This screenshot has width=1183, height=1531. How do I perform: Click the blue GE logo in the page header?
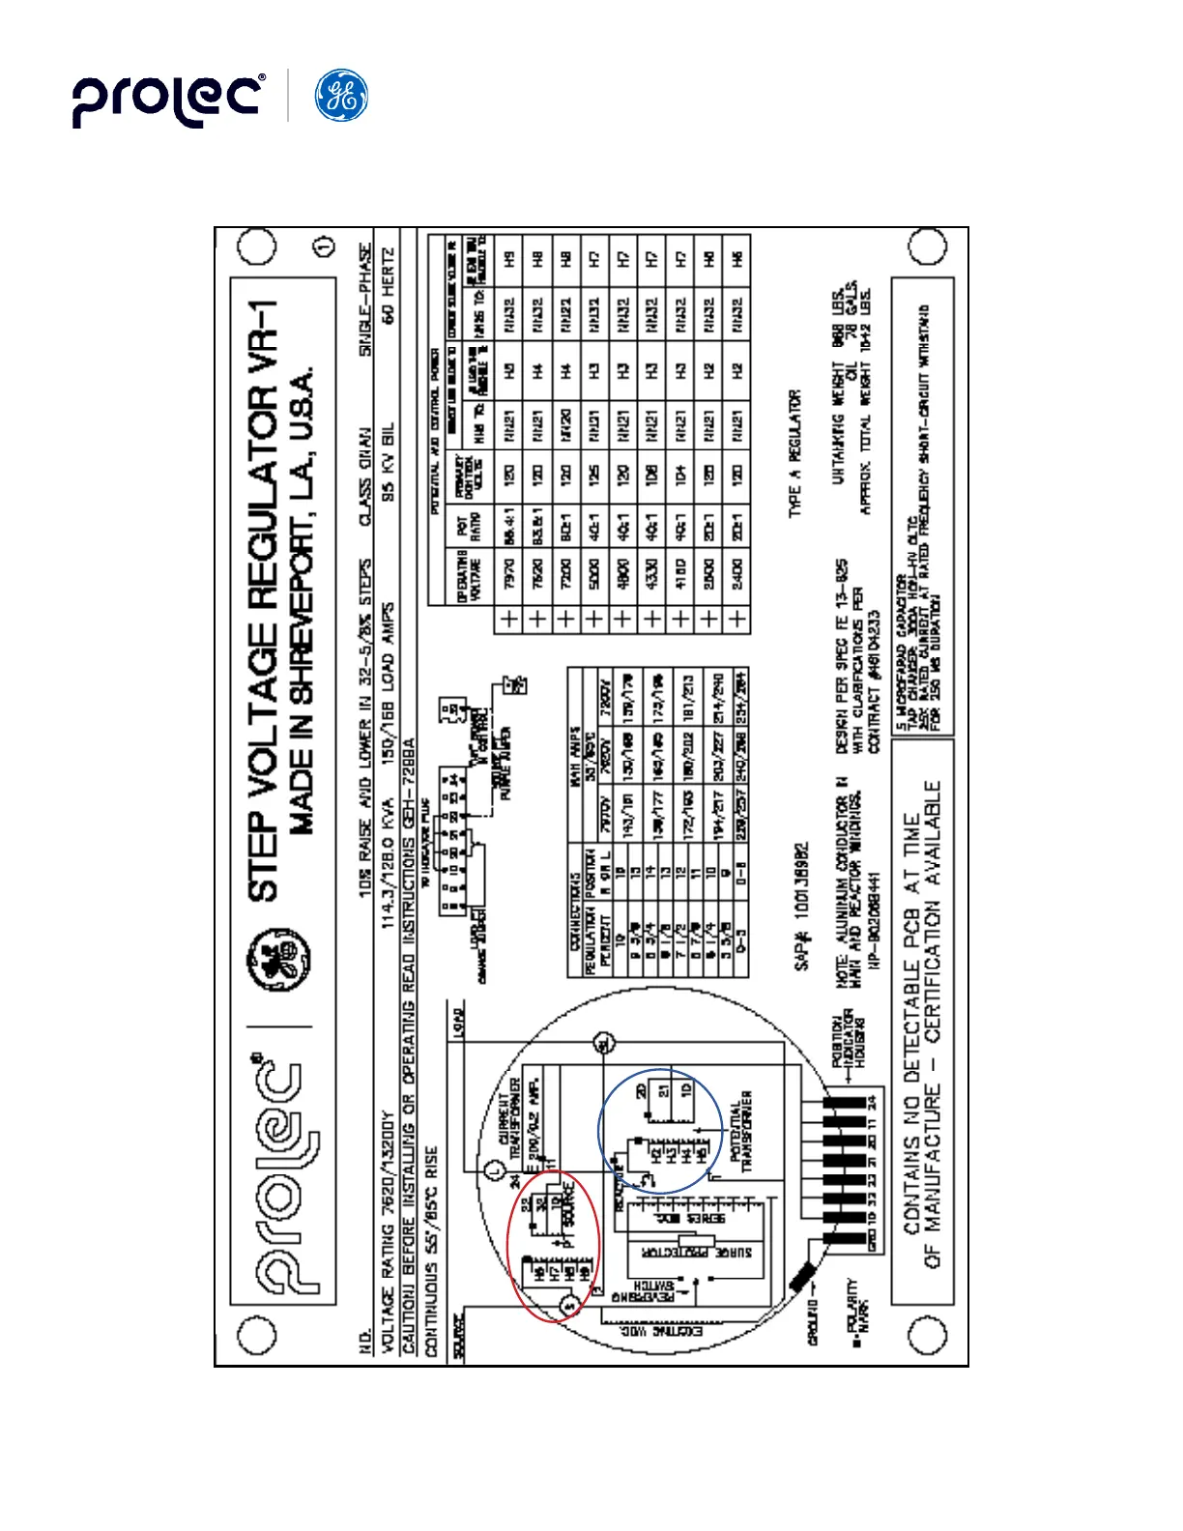pyautogui.click(x=341, y=96)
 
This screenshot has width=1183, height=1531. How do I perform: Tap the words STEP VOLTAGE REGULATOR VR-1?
pyautogui.click(x=266, y=599)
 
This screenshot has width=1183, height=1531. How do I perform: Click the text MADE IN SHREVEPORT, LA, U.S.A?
pyautogui.click(x=303, y=599)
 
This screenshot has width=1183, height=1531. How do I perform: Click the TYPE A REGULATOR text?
pyautogui.click(x=794, y=453)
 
